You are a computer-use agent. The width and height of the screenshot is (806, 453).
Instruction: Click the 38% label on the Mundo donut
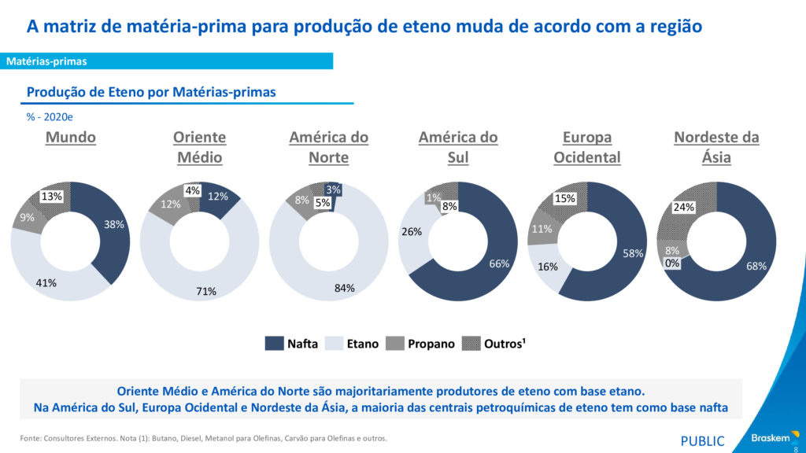click(x=114, y=224)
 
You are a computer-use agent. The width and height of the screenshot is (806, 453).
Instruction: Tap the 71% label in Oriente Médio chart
click(x=207, y=292)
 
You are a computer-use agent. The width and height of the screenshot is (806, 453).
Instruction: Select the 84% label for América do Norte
click(x=345, y=288)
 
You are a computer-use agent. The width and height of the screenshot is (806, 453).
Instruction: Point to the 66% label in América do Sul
click(x=499, y=264)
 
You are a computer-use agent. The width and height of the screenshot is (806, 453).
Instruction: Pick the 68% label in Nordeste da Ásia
click(x=756, y=267)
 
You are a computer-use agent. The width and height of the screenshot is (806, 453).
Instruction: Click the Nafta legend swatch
click(x=274, y=344)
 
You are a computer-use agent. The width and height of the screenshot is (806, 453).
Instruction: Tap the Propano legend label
click(x=432, y=344)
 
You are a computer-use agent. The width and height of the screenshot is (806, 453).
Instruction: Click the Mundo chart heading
click(x=71, y=138)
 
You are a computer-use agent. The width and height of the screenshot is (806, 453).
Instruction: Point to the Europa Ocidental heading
click(x=587, y=147)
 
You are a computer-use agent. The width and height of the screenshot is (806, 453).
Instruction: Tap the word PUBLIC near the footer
click(x=702, y=440)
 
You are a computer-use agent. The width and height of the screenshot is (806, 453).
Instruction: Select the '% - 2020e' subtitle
click(x=50, y=116)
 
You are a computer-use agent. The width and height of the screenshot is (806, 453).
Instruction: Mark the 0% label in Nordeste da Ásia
click(x=671, y=263)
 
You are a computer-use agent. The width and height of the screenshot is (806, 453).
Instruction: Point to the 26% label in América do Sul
click(x=412, y=232)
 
